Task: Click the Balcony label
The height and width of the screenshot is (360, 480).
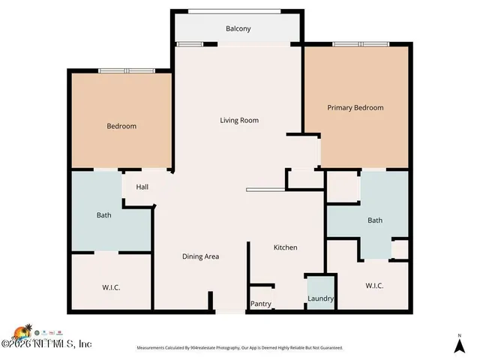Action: point(238,29)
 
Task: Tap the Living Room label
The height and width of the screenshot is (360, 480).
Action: point(239,121)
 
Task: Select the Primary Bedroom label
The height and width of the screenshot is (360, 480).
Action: point(355,108)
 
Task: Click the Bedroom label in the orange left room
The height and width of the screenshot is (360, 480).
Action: point(121,127)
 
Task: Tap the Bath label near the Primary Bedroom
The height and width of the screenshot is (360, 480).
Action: point(374,220)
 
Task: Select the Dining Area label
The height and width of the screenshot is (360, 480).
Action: point(200,256)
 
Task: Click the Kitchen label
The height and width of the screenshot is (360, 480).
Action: point(285,247)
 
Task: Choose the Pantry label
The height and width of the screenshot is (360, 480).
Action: point(261,304)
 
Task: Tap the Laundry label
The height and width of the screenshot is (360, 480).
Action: point(320,300)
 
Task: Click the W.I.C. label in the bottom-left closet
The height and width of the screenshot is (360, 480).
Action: point(111,288)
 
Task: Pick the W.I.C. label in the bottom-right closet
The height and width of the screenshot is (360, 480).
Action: point(374,286)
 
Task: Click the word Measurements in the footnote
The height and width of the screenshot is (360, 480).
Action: point(154,348)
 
